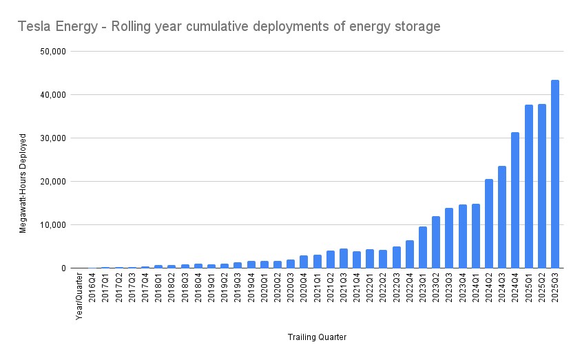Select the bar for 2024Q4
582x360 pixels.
click(515, 200)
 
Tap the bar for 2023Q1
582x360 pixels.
click(422, 247)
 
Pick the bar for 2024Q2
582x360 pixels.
click(489, 224)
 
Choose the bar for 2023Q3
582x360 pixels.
click(449, 238)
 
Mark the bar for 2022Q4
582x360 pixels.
click(409, 254)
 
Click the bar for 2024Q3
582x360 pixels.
click(502, 217)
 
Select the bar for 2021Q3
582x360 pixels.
click(343, 258)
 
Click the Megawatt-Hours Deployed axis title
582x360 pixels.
click(23, 182)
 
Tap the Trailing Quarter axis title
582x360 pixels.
click(317, 337)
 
